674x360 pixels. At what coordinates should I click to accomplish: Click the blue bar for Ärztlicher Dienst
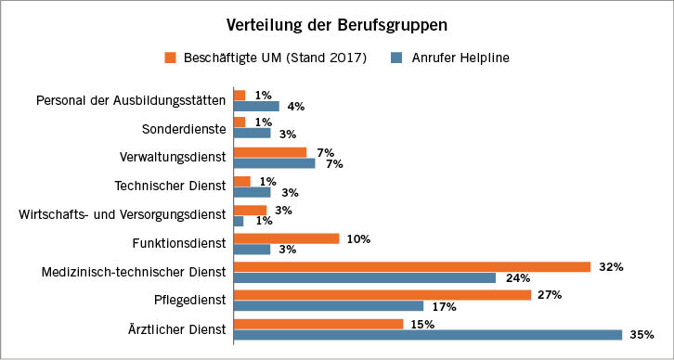(x=427, y=335)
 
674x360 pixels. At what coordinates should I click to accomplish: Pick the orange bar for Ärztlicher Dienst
(x=318, y=324)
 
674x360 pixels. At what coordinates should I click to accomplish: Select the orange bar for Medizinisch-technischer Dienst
(x=411, y=266)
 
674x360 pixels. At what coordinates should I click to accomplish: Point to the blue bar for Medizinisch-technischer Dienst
(x=364, y=277)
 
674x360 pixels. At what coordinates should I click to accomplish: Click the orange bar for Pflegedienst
(x=382, y=295)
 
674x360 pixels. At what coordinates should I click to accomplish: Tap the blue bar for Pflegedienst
(x=329, y=306)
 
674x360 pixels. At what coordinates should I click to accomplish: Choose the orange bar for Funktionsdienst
(x=286, y=238)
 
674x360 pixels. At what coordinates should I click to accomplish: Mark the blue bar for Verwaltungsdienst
(x=274, y=163)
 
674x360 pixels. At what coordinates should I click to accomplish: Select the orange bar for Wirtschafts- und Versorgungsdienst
(x=250, y=211)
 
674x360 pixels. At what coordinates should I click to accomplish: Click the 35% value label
(x=642, y=335)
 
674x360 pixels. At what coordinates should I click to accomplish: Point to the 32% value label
(x=610, y=266)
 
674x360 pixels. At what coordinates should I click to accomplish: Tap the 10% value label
(x=358, y=238)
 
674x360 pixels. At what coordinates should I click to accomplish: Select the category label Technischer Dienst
(x=170, y=186)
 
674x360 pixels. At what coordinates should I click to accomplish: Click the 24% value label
(x=515, y=277)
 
